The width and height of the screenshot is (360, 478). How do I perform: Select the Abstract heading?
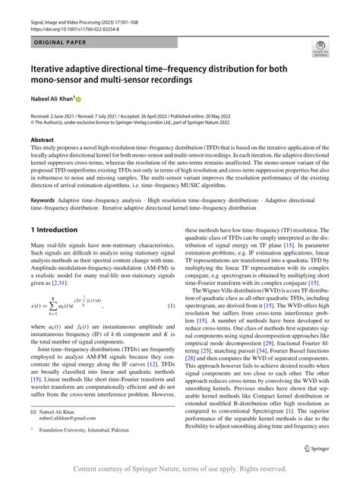[x=42, y=141]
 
